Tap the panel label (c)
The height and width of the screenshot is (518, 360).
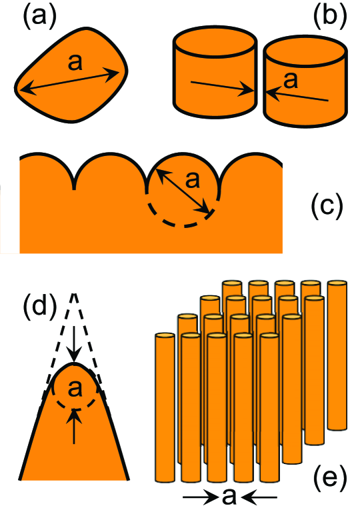coord(327,207)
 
